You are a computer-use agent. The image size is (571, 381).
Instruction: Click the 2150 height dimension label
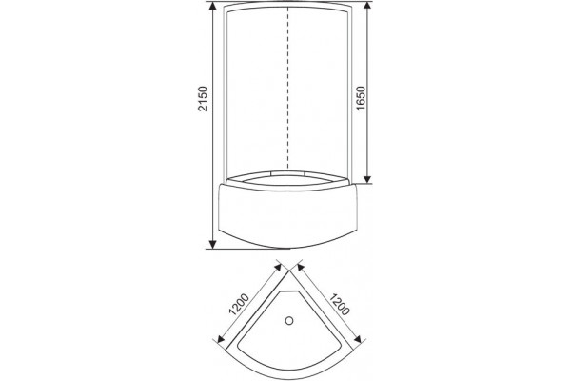coord(202,98)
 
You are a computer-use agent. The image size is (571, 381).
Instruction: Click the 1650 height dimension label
coord(360,98)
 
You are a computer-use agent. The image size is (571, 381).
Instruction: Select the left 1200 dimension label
coord(239,304)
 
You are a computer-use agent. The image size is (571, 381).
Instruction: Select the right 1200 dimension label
coord(340,304)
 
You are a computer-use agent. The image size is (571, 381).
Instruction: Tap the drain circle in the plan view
coord(289,321)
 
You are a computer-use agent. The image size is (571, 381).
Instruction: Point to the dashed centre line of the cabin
coord(288,89)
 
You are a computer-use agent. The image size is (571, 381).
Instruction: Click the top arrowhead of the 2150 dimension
coord(213,6)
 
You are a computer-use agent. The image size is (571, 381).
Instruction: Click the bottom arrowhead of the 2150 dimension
coord(213,244)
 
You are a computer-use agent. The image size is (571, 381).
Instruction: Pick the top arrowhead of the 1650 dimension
coord(367,6)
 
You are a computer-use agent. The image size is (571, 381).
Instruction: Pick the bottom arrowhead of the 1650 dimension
coord(367,179)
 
